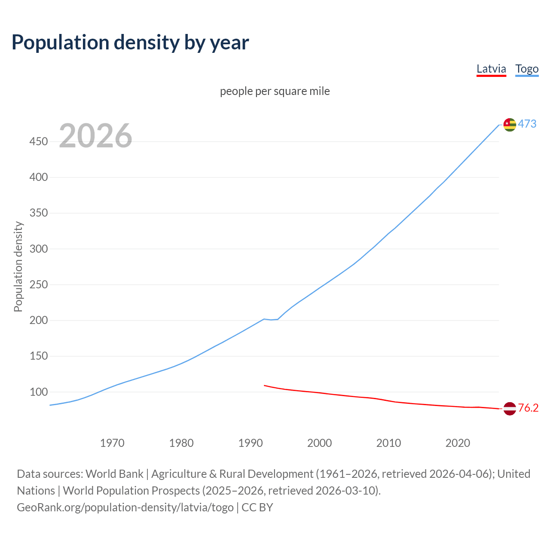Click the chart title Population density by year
130,43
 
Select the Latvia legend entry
491,69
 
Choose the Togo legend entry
527,69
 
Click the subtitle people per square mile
275,91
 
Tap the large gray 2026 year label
95,136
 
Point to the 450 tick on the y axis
39,141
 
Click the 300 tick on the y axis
39,249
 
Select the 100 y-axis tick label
39,392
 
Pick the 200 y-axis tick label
39,320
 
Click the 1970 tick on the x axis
112,443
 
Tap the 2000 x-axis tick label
319,443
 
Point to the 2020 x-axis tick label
458,443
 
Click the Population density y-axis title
18,266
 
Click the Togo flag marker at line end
510,125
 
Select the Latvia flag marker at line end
510,409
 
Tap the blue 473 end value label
527,124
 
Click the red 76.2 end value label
528,408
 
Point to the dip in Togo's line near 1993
271,320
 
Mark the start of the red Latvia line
265,385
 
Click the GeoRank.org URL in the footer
125,507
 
